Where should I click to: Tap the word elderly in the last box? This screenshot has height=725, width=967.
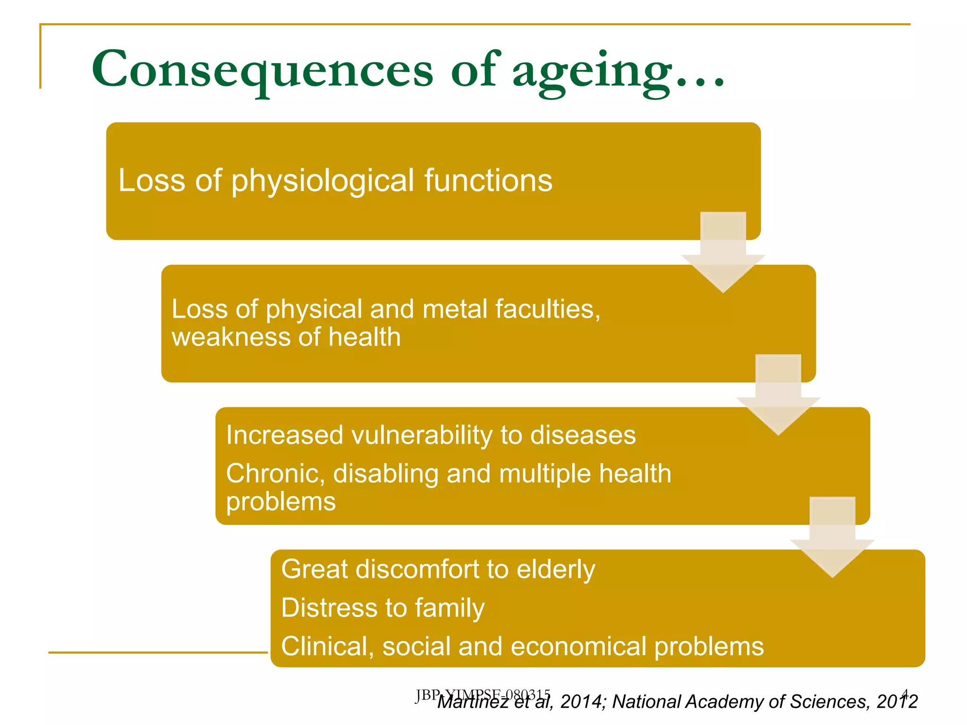(x=556, y=570)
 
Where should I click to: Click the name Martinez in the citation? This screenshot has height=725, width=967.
(x=472, y=702)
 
